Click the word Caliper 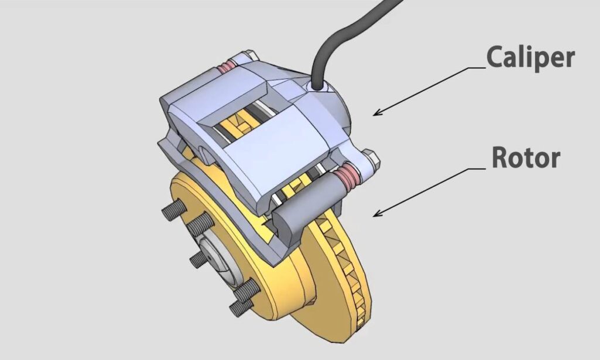pyautogui.click(x=530, y=58)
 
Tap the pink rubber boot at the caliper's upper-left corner pyautogui.click(x=226, y=69)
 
